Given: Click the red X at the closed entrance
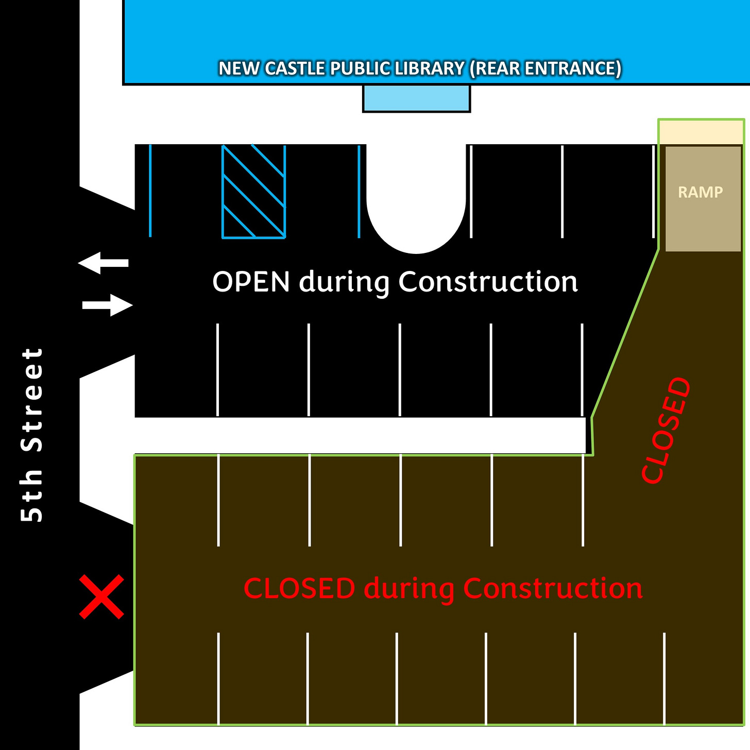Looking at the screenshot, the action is pos(101,596).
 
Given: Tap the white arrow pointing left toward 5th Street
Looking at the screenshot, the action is pos(103,263).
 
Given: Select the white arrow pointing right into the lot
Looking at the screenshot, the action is pos(108,305).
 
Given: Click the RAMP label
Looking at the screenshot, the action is pos(700,192).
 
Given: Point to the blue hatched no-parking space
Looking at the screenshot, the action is pos(253,191).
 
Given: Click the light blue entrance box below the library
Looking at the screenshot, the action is pos(416,98).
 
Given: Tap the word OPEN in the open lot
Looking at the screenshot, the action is pos(251,282).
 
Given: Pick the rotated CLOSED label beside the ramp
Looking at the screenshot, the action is pos(666,430).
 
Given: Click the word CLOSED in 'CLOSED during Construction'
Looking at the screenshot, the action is pos(299,588).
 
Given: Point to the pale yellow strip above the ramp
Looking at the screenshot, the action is pos(701,132).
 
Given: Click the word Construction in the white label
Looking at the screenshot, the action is pos(488,282).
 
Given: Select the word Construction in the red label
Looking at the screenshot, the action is pos(553,588).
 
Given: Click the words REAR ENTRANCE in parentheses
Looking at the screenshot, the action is pos(546,69).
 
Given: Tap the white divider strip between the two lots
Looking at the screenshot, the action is pos(360,436).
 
